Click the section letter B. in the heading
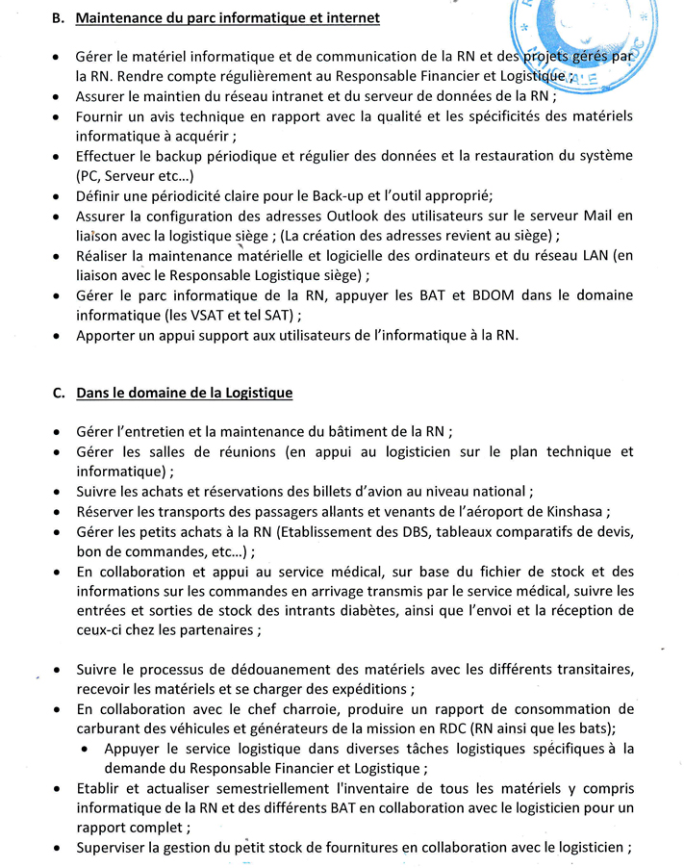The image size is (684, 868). click(56, 18)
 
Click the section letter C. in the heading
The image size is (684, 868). click(57, 393)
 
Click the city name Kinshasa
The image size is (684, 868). click(574, 511)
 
